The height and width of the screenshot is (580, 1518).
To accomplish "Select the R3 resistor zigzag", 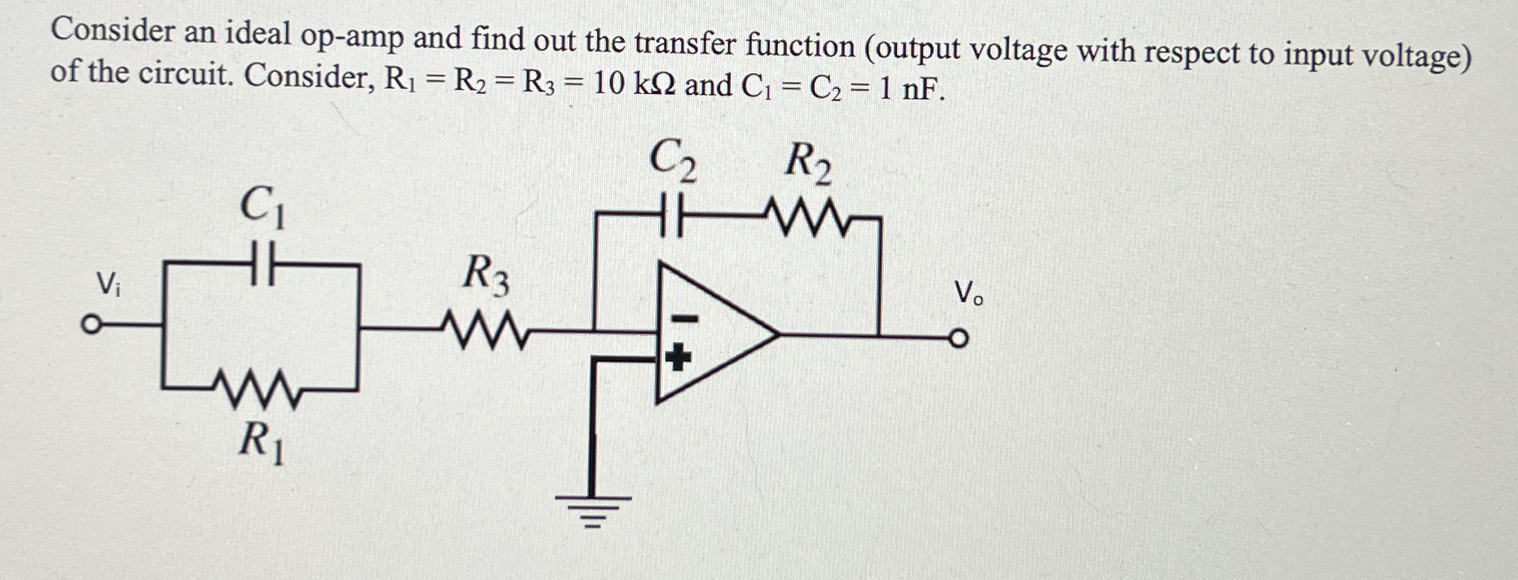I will (x=487, y=329).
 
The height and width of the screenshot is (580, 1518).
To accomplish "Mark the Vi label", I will (x=107, y=284).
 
